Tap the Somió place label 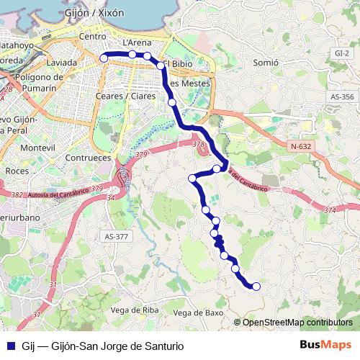pos(266,63)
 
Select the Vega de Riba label pos(135,310)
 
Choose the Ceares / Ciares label pos(125,96)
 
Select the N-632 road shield pos(302,146)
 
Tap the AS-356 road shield pos(343,96)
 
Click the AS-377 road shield pos(116,236)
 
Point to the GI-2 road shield pos(342,53)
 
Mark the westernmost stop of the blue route pos(104,58)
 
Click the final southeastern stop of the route pos(256,287)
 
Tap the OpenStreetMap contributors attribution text pos(297,323)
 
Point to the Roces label pos(17,171)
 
